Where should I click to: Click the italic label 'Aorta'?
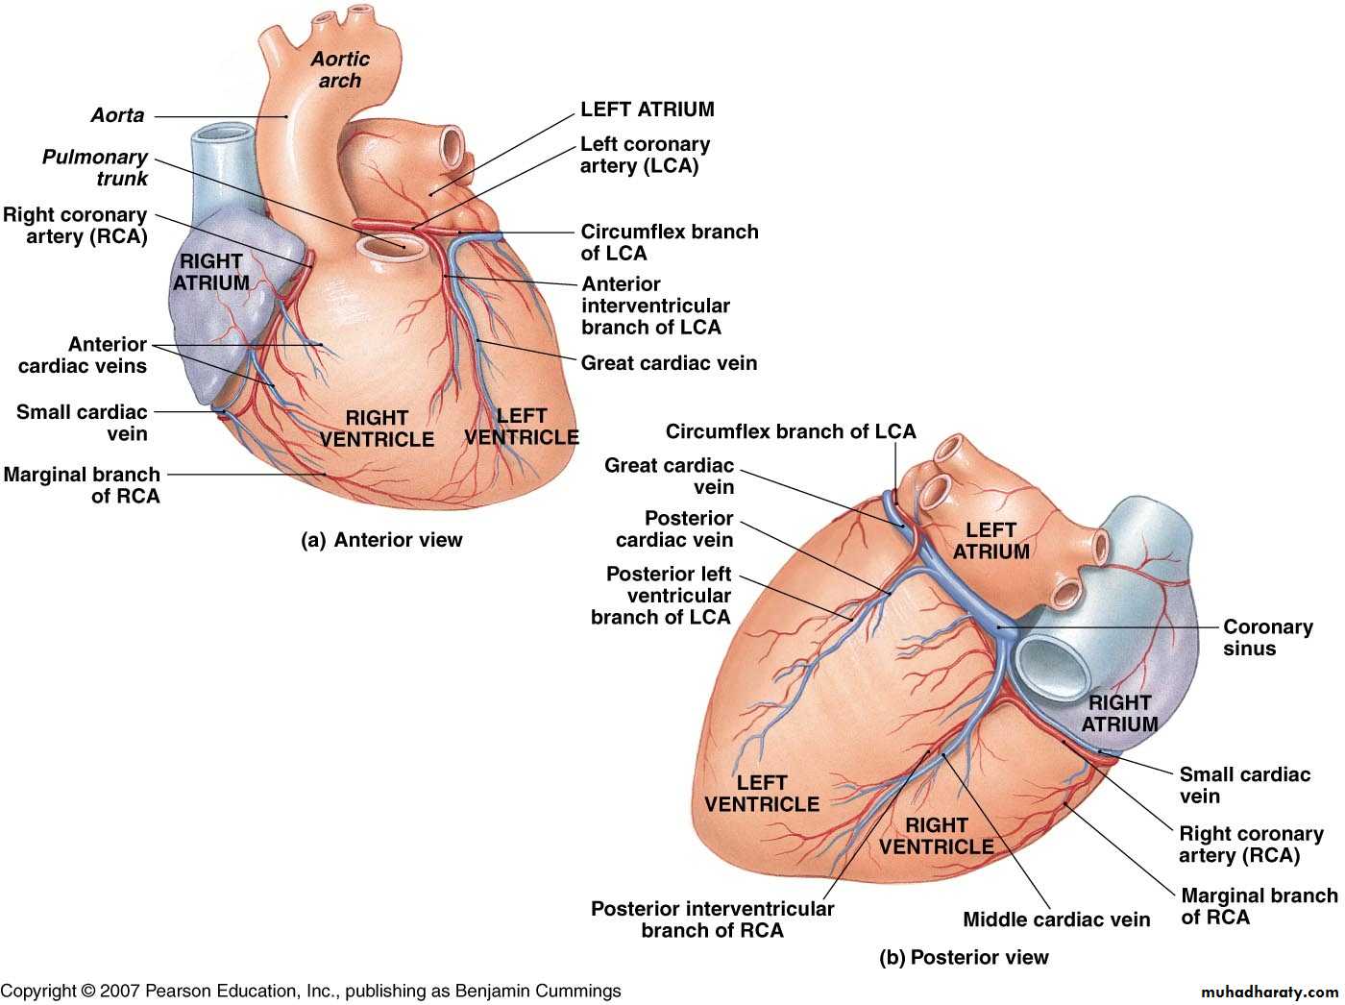[x=117, y=115]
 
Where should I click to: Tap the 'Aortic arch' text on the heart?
[x=340, y=70]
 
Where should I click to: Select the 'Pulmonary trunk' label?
[x=95, y=167]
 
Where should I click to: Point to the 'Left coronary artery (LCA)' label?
[x=645, y=155]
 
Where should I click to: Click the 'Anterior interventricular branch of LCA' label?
[x=655, y=306]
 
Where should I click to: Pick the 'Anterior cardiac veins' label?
[x=83, y=355]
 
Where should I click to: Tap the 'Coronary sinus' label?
[x=1267, y=637]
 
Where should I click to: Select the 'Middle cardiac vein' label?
[x=1056, y=919]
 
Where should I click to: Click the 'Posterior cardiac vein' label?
[x=674, y=529]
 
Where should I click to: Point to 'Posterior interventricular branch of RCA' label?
[x=712, y=919]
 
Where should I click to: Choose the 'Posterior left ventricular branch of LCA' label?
[x=662, y=596]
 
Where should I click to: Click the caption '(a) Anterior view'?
[x=381, y=540]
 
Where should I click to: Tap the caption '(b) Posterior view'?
[x=964, y=957]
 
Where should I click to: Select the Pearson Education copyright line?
[x=310, y=991]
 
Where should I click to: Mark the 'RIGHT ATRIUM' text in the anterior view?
[x=211, y=272]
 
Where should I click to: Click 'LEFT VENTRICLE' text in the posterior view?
[x=762, y=794]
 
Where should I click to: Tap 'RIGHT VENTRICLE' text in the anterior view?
[x=377, y=429]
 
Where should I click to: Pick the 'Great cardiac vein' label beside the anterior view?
[x=669, y=363]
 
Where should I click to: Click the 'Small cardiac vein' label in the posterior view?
[x=1244, y=785]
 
